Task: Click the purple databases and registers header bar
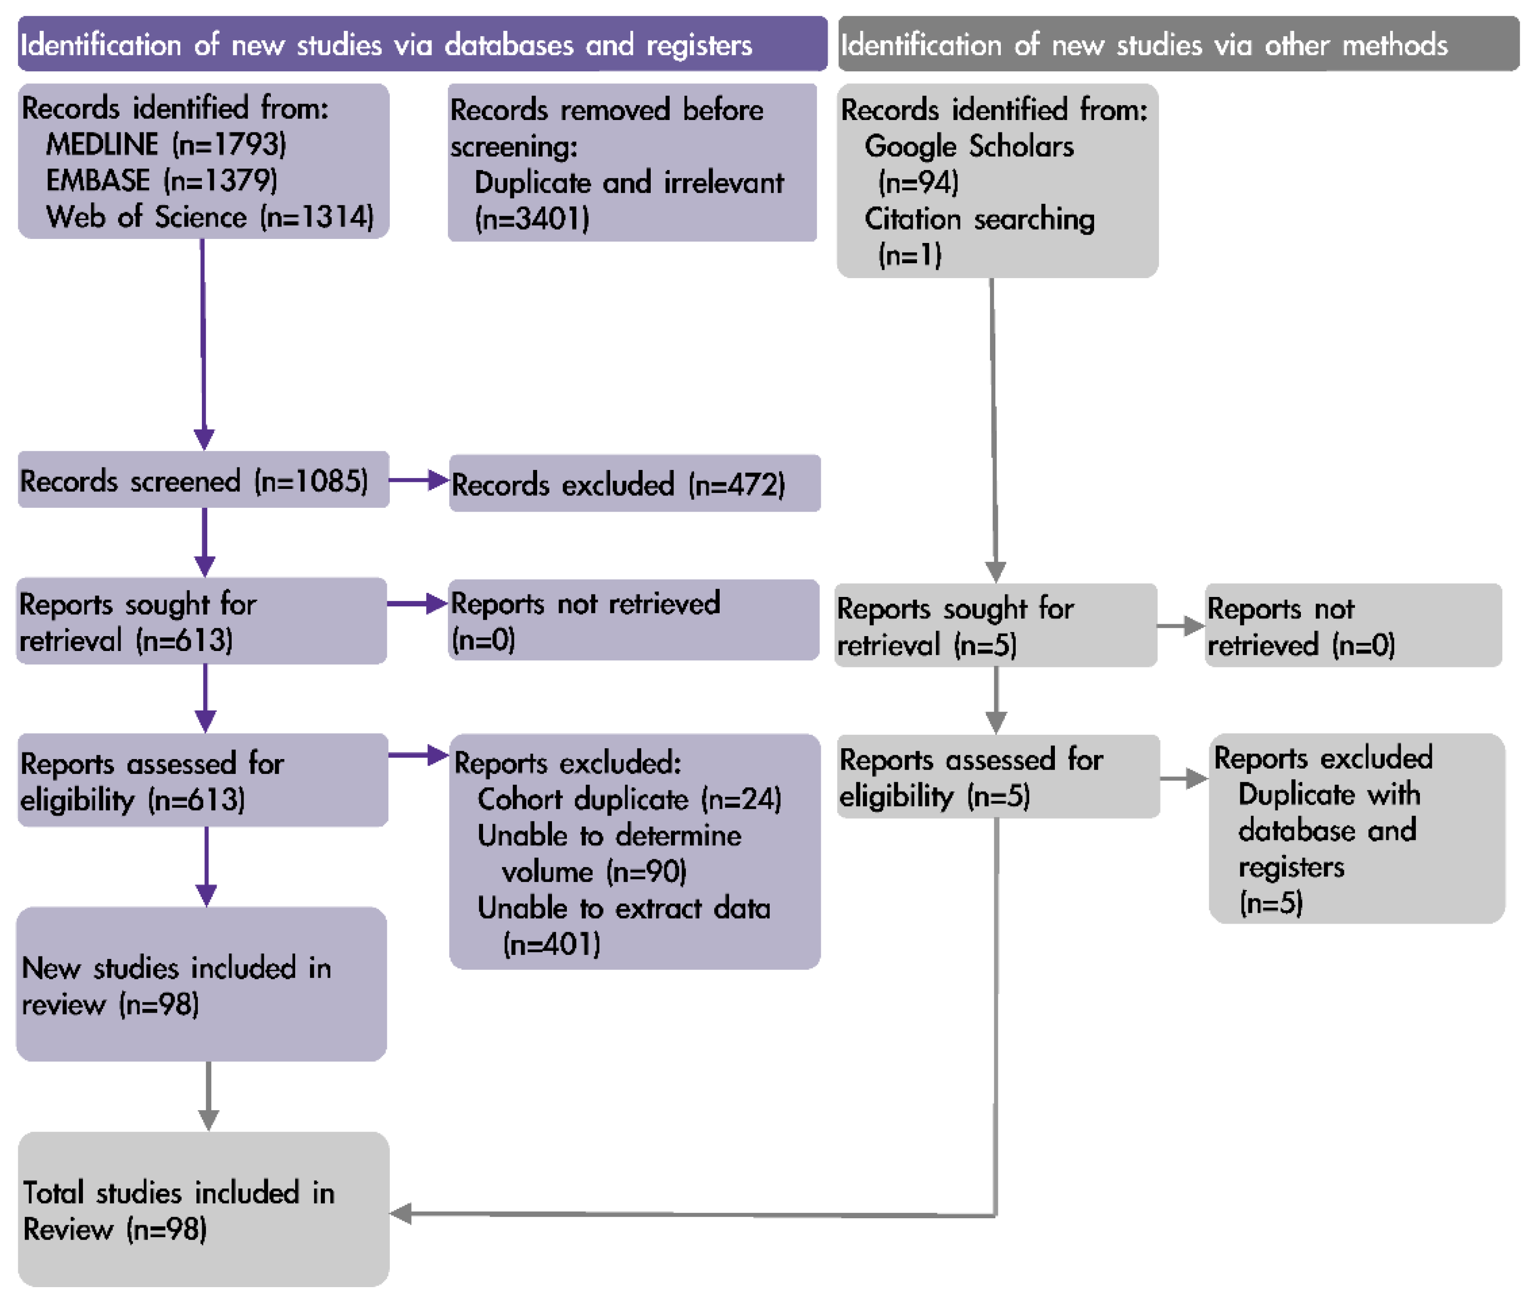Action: [423, 44]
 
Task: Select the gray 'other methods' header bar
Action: [1178, 44]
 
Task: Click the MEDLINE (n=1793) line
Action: [166, 144]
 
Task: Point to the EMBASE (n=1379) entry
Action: [162, 180]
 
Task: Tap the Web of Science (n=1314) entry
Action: [210, 217]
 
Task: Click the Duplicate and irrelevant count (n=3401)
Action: [532, 219]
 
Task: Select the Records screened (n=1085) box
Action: [203, 480]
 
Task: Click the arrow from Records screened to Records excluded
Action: [419, 480]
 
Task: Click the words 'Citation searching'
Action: [980, 219]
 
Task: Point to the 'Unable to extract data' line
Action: [623, 908]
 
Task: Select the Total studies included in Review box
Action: [203, 1209]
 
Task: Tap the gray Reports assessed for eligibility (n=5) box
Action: [998, 776]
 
